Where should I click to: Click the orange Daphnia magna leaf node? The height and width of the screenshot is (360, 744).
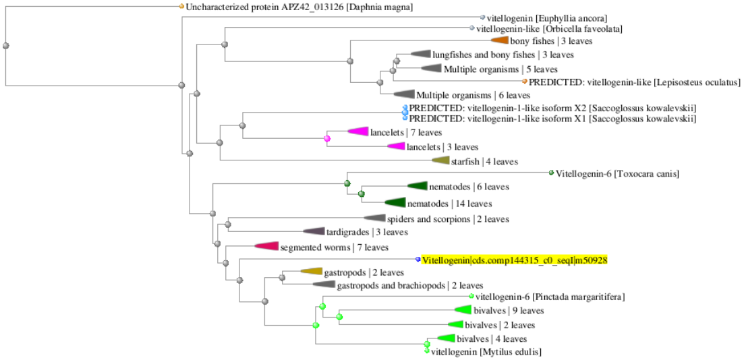(x=181, y=6)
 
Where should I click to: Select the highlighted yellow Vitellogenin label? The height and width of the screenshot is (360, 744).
(x=515, y=260)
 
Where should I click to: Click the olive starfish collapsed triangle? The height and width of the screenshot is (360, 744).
(x=441, y=160)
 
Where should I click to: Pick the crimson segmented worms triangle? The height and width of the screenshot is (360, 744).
(x=267, y=247)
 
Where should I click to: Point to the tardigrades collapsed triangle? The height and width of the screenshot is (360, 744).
(x=315, y=232)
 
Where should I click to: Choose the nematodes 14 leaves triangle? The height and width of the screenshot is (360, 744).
(x=396, y=202)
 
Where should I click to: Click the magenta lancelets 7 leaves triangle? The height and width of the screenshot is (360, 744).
(x=358, y=131)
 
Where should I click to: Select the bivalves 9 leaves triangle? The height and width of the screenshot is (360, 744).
(x=463, y=310)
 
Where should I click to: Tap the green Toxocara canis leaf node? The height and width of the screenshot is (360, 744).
(x=551, y=173)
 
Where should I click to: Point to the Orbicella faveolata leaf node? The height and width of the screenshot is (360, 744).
(x=471, y=29)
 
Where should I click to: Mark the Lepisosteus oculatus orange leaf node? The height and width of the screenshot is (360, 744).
(x=525, y=82)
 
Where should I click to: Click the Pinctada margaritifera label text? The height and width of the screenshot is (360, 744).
(x=550, y=297)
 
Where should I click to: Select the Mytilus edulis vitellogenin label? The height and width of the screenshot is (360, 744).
(x=486, y=352)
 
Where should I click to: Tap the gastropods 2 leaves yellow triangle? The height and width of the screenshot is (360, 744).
(x=312, y=272)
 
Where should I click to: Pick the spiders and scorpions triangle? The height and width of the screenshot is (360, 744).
(x=375, y=218)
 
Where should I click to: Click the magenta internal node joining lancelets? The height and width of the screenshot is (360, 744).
(x=327, y=139)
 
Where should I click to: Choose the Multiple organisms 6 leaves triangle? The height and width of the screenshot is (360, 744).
(x=405, y=94)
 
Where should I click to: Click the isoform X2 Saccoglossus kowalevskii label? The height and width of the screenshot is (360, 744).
(x=552, y=109)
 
